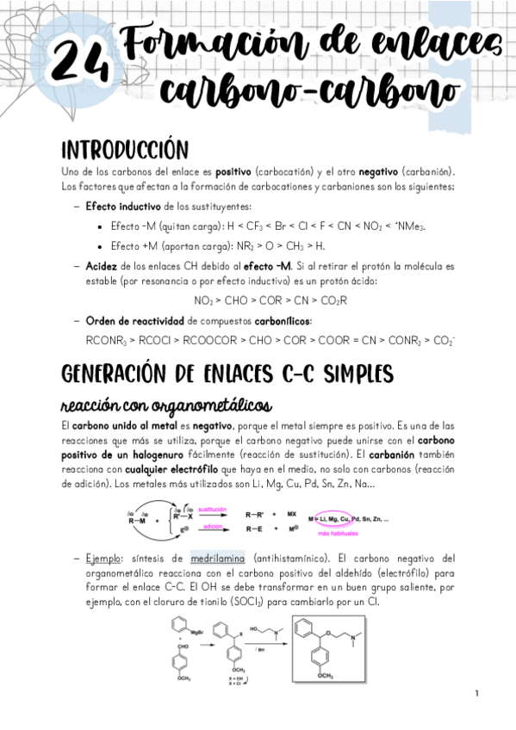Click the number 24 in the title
[x=80, y=61]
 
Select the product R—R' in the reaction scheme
[x=254, y=513]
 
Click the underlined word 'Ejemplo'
[x=107, y=557]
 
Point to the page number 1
[x=476, y=694]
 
